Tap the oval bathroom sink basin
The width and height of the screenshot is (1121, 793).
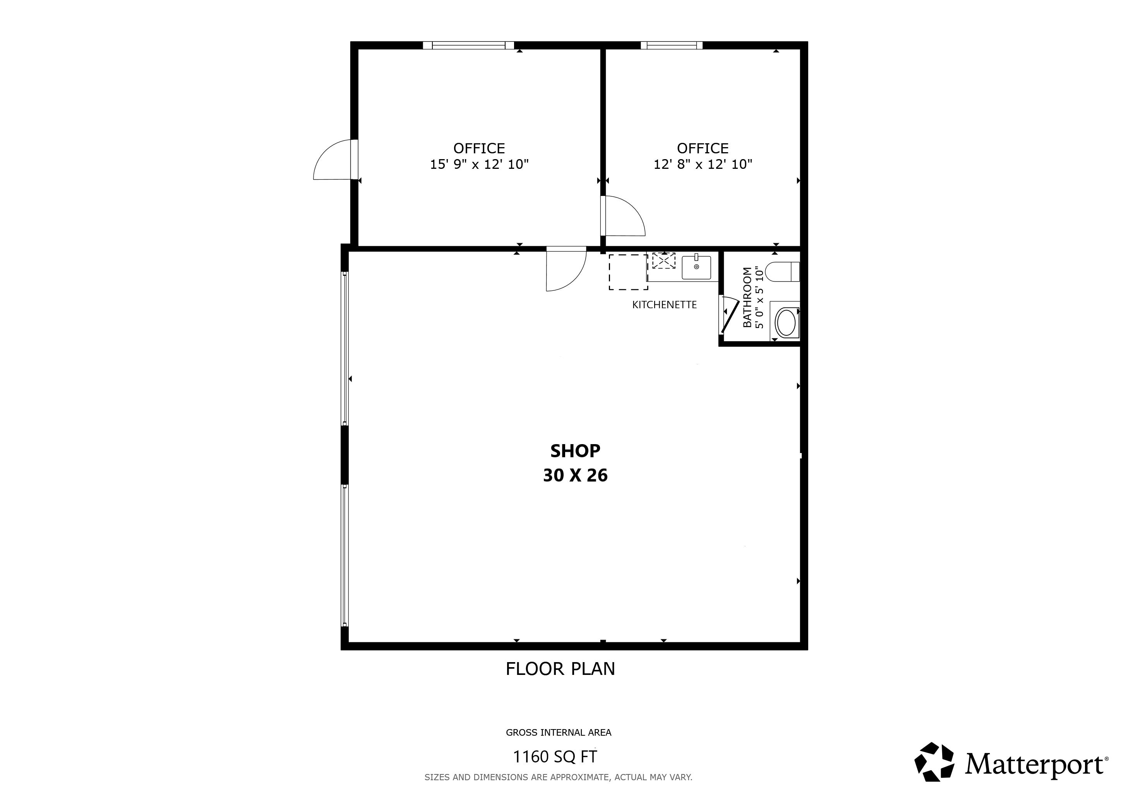[x=785, y=322]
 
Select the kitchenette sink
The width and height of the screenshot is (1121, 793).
[x=696, y=267]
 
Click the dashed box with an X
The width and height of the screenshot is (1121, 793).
[x=663, y=261]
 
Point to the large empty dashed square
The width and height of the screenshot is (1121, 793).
[x=628, y=272]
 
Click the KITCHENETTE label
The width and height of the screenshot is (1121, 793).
[x=665, y=305]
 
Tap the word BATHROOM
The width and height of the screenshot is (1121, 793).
[x=747, y=297]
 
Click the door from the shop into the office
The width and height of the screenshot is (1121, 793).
[x=566, y=269]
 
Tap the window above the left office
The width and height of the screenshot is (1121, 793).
[x=468, y=45]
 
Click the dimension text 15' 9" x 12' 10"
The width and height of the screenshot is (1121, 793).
[x=480, y=164]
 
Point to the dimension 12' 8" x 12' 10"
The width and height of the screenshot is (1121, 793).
[x=703, y=164]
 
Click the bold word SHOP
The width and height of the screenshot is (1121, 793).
[x=575, y=451]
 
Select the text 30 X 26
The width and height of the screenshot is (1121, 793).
[x=575, y=475]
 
